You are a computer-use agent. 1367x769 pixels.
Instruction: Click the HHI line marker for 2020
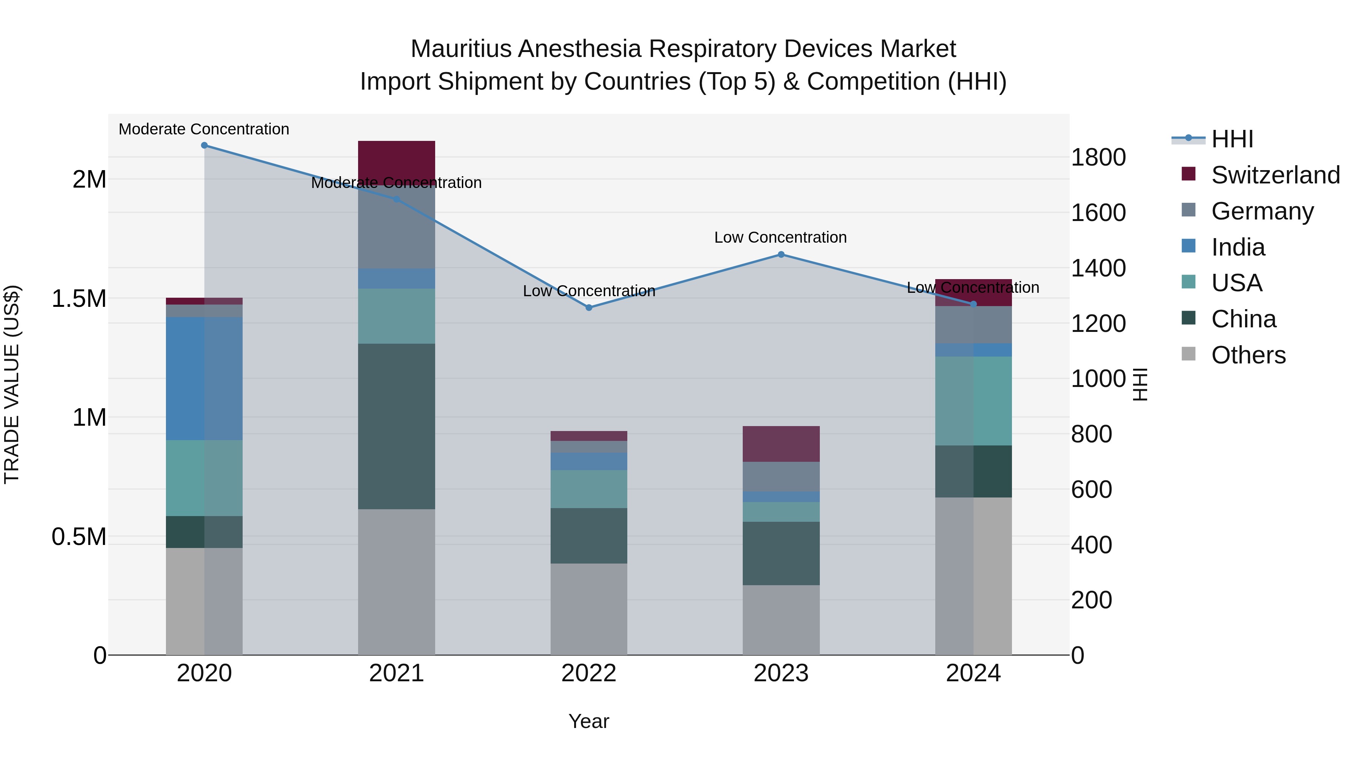point(204,145)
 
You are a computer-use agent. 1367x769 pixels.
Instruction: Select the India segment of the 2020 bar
point(204,378)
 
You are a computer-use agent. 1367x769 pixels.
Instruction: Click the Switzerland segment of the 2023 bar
point(781,444)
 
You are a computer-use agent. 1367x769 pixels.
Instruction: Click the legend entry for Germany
point(1262,211)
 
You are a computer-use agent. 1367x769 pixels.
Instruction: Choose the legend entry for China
point(1243,319)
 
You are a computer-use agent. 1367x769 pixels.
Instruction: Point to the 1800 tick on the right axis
point(1098,158)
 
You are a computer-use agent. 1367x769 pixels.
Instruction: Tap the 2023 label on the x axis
point(781,673)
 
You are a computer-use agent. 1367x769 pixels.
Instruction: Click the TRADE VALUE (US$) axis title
point(12,384)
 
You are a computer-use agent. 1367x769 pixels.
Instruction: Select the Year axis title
point(589,721)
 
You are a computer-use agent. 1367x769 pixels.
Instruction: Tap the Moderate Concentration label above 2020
point(204,129)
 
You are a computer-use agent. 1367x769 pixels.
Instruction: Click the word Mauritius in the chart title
point(461,49)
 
